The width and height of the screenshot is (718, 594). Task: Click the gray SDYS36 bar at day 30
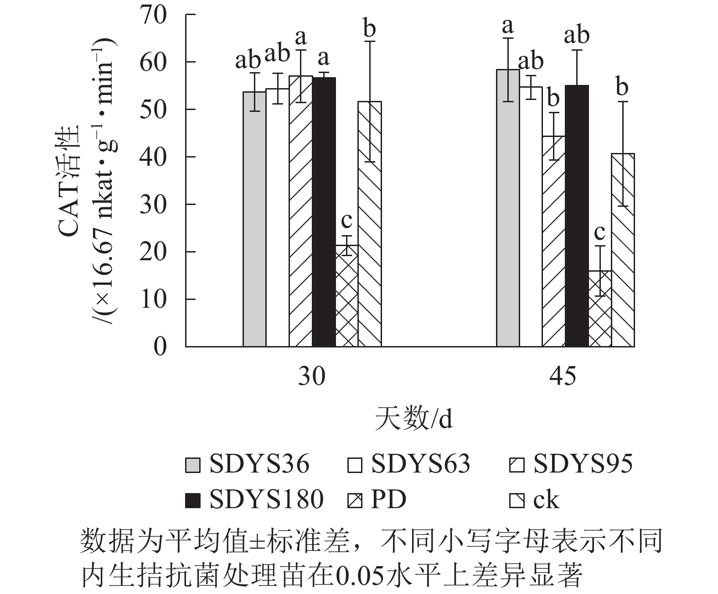click(254, 219)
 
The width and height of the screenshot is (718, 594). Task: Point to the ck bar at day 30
click(370, 224)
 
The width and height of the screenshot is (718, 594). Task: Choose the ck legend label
click(546, 500)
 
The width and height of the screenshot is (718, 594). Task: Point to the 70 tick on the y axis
click(154, 15)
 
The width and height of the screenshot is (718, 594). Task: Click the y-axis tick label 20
click(154, 252)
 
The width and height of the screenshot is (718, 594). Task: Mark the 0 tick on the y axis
click(160, 347)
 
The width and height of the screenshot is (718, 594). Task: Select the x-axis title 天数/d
click(413, 418)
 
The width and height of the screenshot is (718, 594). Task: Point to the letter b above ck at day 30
click(370, 29)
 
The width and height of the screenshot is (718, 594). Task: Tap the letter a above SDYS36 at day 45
click(507, 26)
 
